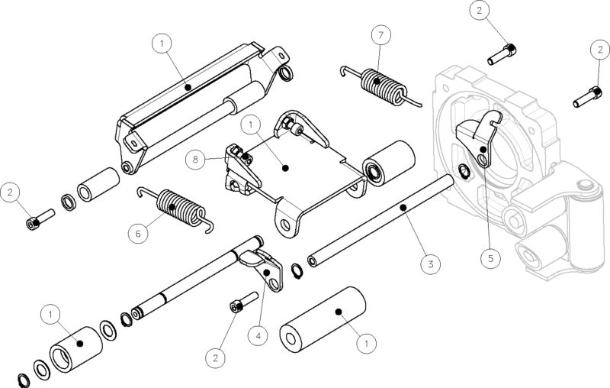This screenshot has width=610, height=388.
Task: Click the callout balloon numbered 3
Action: [x=431, y=264]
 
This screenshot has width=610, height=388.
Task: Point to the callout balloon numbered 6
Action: [x=138, y=233]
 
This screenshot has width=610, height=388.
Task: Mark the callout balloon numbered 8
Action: [x=198, y=160]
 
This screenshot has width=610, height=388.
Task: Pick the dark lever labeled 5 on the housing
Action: [x=474, y=137]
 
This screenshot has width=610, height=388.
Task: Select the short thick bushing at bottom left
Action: [x=75, y=348]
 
